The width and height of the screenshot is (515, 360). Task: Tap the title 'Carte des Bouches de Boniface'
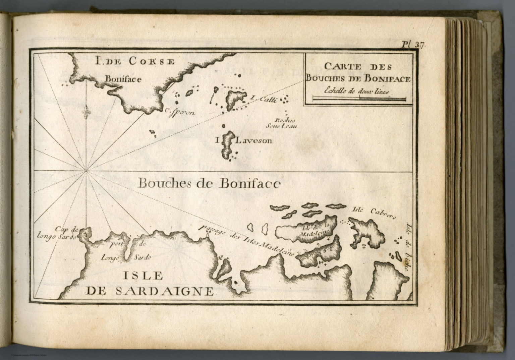pos(358,73)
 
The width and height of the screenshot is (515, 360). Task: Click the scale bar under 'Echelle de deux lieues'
pos(359,99)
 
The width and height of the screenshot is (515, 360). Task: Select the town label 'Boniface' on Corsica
pos(123,79)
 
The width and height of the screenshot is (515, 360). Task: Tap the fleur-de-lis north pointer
pos(87,110)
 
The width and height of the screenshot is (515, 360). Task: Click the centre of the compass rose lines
pos(86,171)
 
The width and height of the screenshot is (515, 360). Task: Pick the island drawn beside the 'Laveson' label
pos(228,145)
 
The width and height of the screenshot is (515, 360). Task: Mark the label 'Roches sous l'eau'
pos(286,123)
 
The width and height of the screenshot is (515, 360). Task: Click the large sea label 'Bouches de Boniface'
pos(209,183)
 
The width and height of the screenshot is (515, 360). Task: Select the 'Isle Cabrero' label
pos(374,213)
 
